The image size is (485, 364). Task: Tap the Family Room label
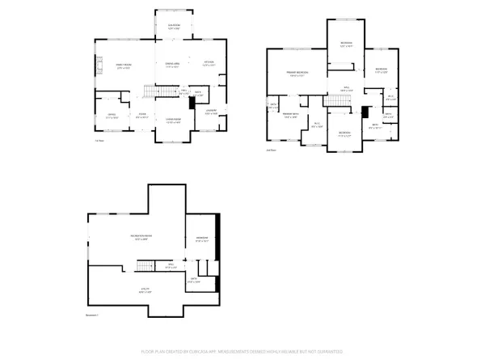[x=123, y=66]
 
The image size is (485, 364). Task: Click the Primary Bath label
[x=291, y=116]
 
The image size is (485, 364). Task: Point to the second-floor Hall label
[x=344, y=88]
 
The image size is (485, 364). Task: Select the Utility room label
[x=145, y=289]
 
